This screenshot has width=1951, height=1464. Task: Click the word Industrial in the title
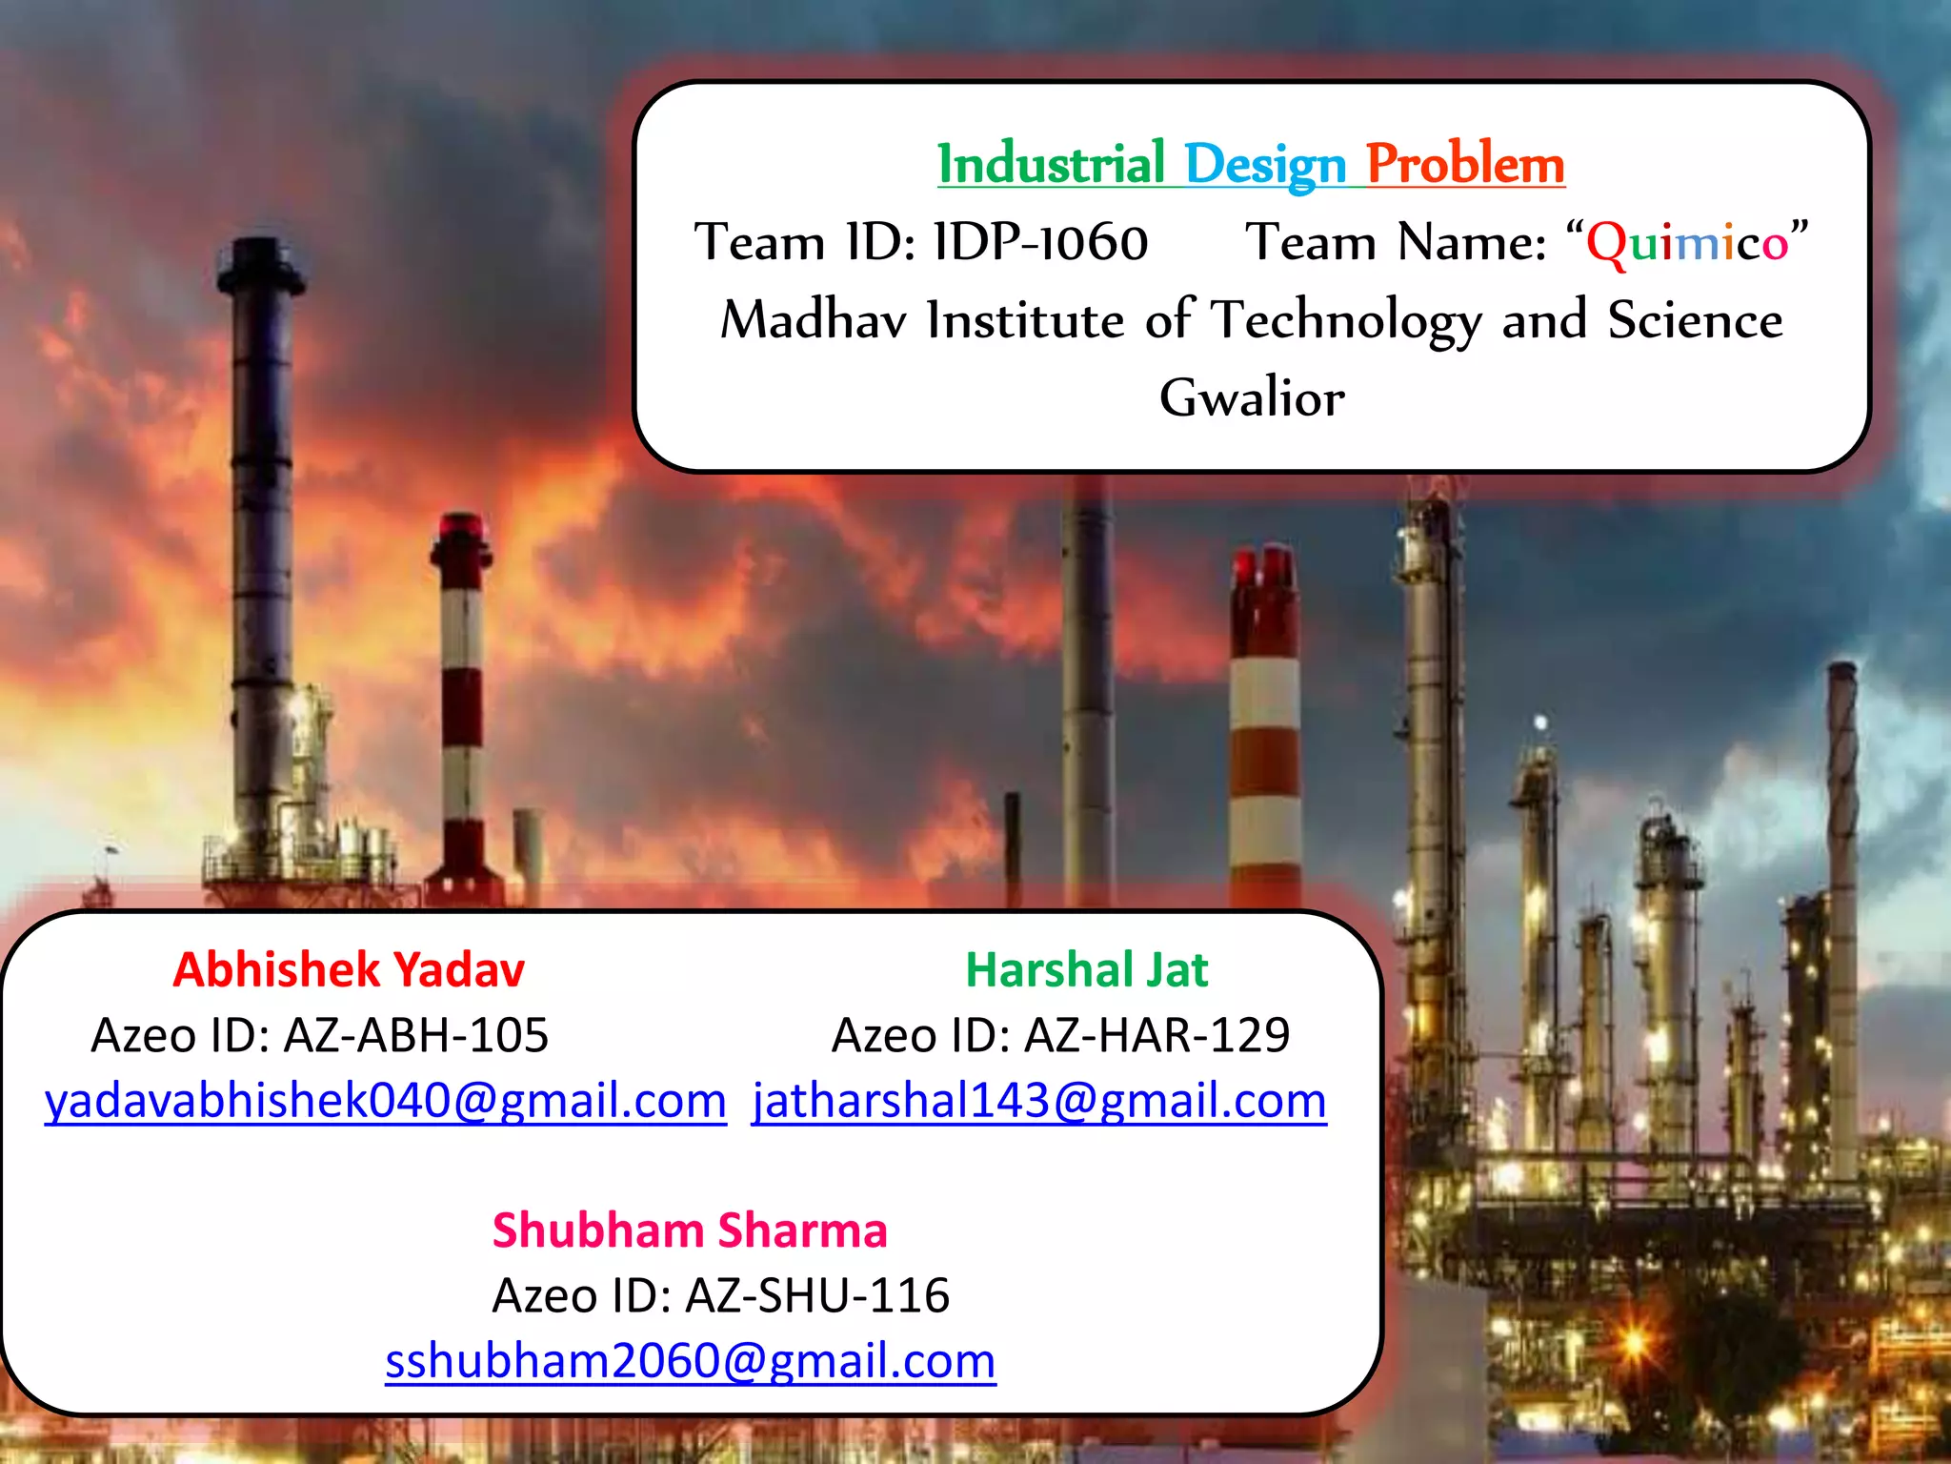click(1051, 164)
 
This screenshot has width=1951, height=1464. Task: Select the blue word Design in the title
click(1264, 166)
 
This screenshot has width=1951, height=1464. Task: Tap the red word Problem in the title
click(1465, 164)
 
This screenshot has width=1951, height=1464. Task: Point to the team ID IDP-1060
click(1040, 242)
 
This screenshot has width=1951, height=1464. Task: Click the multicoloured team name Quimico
click(1686, 242)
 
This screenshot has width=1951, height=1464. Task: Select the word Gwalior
click(1252, 397)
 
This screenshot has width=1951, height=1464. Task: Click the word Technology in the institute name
click(1346, 320)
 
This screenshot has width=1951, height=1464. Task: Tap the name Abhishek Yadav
click(349, 970)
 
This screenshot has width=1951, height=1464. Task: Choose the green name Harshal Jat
click(1086, 970)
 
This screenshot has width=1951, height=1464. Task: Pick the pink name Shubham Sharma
click(690, 1230)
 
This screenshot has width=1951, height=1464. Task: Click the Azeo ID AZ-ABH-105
click(416, 1035)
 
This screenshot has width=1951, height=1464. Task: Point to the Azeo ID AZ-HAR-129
click(1157, 1035)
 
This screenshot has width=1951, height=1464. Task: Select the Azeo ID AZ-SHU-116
click(817, 1295)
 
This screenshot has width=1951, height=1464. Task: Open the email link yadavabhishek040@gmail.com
click(385, 1101)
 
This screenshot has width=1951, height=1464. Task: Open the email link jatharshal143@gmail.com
click(1038, 1101)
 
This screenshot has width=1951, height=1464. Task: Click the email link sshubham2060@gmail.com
click(690, 1361)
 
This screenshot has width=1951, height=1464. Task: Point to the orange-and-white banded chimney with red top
click(1265, 724)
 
